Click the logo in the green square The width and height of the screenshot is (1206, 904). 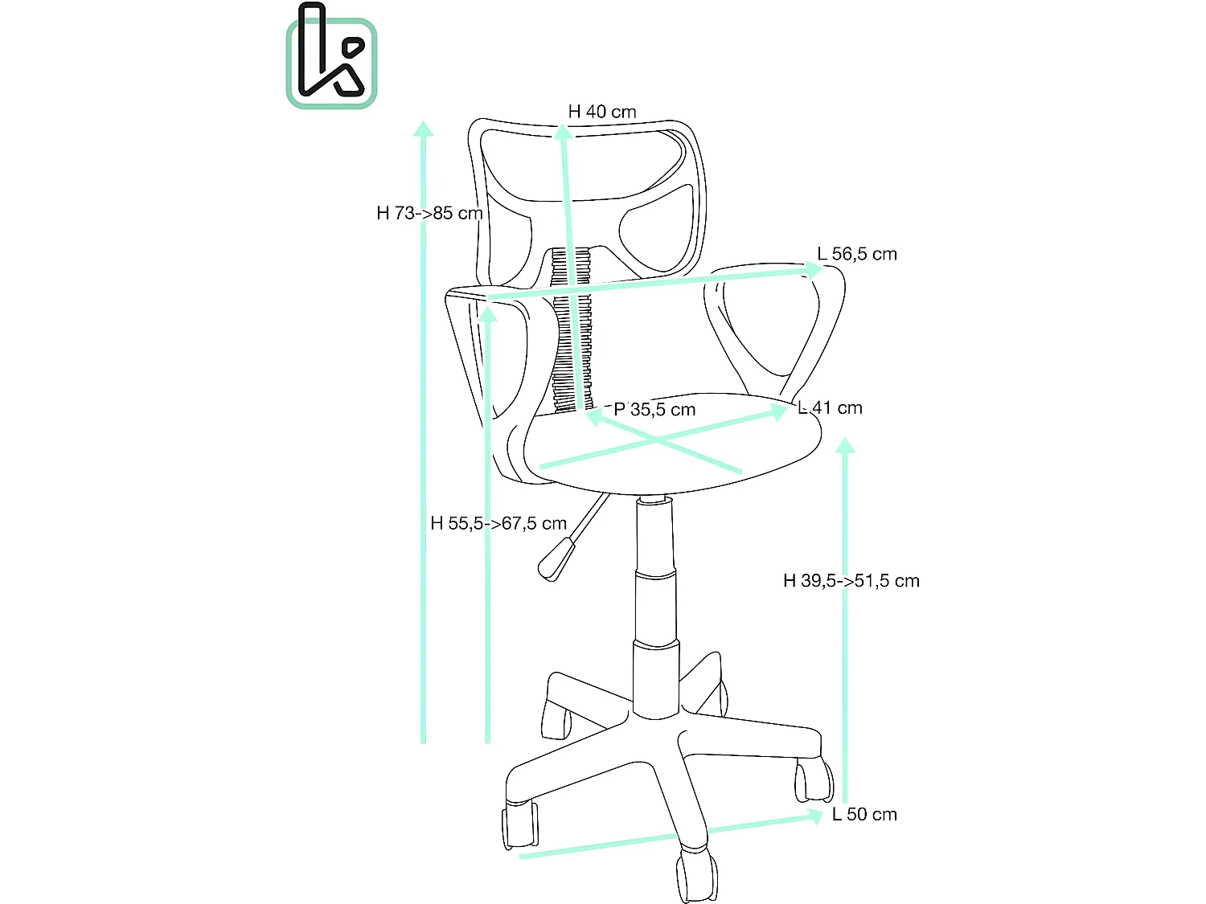tap(331, 63)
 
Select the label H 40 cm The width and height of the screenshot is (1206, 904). tap(601, 112)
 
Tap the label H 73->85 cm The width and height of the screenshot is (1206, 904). tap(429, 213)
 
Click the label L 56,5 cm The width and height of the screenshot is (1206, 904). tap(856, 254)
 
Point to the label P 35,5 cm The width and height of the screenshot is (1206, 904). tap(654, 410)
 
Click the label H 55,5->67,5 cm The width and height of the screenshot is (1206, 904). tap(498, 523)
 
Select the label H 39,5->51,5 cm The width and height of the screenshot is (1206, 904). tap(851, 581)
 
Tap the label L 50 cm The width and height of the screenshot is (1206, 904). tap(864, 814)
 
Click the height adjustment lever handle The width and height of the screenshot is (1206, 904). tap(556, 559)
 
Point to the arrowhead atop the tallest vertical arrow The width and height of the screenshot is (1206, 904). tap(424, 129)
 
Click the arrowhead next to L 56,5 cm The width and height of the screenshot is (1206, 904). tap(813, 270)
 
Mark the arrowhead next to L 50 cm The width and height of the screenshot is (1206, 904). tap(816, 816)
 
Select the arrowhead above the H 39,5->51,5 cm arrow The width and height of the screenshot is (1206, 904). tap(845, 445)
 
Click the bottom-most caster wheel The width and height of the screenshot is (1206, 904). tap(696, 877)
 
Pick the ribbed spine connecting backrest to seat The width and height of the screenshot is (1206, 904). tap(572, 329)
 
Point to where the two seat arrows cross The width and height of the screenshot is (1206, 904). tap(658, 440)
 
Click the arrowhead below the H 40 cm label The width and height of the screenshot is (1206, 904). tap(564, 133)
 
